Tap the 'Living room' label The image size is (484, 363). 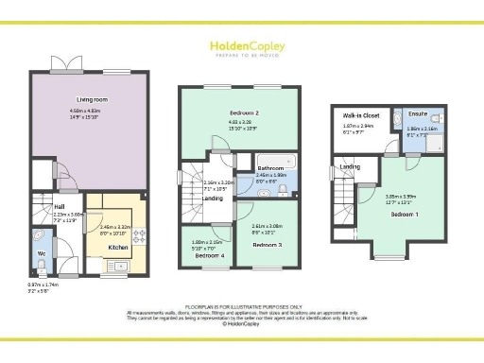pyautogui.click(x=91, y=99)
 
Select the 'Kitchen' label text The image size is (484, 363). pyautogui.click(x=117, y=247)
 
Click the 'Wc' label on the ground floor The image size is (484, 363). pyautogui.click(x=40, y=253)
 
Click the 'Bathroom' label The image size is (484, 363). pyautogui.click(x=270, y=167)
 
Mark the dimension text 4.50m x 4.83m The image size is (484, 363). pyautogui.click(x=91, y=111)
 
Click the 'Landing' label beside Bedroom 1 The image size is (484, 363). pyautogui.click(x=350, y=167)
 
